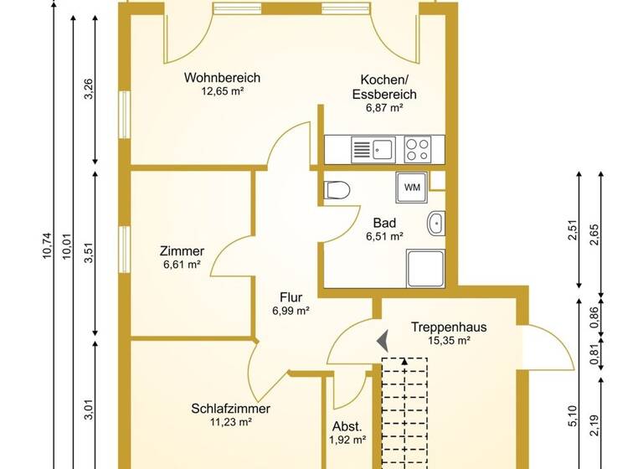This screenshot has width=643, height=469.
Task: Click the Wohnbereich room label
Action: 216,78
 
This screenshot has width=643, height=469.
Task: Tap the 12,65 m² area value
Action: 216,92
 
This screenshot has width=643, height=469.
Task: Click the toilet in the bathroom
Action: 336,189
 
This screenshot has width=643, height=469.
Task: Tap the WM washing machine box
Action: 413,187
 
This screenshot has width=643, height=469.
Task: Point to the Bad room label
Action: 384,224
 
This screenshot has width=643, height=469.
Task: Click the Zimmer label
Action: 182,251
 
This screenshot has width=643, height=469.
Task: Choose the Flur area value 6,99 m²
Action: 291,311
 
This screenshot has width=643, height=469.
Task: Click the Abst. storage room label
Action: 347,425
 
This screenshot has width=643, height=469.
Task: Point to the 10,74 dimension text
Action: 47,246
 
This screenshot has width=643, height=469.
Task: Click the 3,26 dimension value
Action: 89,88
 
